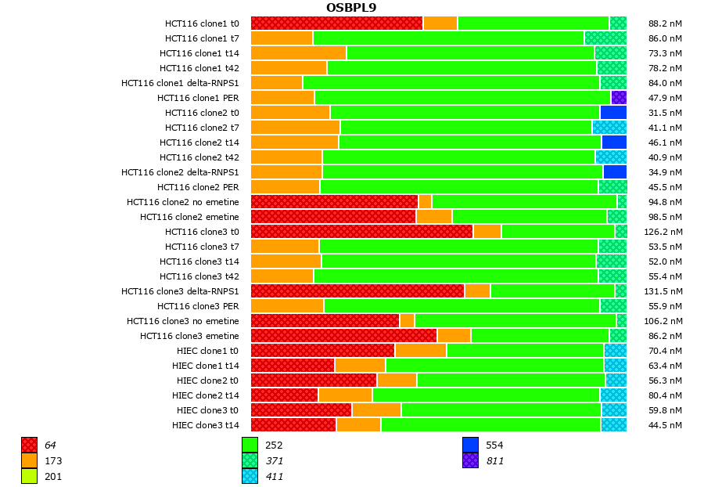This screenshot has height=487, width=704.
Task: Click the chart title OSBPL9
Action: point(351,8)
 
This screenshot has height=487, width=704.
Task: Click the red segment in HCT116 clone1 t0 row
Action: point(336,23)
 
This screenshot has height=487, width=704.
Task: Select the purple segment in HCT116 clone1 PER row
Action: point(619,98)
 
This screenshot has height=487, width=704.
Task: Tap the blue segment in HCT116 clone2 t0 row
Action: point(613,113)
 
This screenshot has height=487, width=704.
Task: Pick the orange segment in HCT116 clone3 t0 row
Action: point(487,232)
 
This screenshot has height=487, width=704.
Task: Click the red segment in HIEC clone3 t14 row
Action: point(293,425)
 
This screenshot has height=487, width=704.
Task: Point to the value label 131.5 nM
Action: point(665,291)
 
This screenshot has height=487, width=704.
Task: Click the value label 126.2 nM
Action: point(665,232)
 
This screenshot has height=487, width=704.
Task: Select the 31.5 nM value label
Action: point(665,113)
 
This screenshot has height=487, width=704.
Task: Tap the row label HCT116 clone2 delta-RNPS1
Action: point(180,172)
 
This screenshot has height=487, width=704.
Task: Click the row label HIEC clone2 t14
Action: point(205,395)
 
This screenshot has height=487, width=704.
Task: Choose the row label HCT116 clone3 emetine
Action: point(189,336)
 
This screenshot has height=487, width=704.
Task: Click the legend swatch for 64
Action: point(29,446)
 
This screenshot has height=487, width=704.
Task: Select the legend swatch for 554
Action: point(470,446)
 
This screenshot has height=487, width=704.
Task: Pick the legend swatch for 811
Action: point(470,461)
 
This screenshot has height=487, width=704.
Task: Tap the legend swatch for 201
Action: point(29,476)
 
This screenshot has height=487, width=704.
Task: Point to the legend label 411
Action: point(274,476)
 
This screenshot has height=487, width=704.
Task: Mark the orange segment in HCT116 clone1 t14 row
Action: point(298,53)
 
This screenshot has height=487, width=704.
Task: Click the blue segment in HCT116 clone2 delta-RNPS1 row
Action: point(615,172)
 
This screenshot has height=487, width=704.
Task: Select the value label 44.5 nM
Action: point(665,425)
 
